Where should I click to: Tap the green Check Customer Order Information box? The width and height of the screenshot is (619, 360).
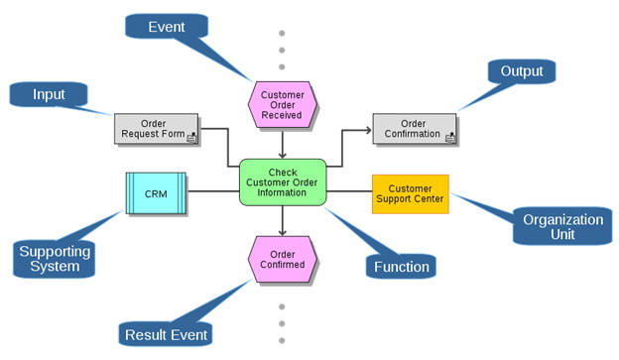(x=283, y=181)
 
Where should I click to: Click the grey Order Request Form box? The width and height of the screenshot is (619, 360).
(x=156, y=129)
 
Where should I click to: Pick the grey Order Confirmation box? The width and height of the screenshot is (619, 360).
(x=415, y=129)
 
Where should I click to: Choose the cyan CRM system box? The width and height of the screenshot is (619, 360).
(x=156, y=193)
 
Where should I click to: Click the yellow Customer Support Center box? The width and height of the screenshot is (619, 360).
(x=410, y=194)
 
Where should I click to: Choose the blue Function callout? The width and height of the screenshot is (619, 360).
(x=401, y=267)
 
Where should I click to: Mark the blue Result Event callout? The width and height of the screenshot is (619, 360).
(x=166, y=334)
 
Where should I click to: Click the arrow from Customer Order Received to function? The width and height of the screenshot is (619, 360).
(x=283, y=145)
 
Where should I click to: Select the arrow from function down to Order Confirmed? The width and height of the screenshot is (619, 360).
(x=283, y=220)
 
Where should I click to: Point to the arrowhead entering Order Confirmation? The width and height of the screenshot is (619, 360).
(x=368, y=129)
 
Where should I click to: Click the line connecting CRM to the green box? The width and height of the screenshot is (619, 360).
(x=213, y=190)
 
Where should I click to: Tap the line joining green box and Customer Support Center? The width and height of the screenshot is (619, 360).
(x=349, y=190)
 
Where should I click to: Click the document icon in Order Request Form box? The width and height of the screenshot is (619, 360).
(x=191, y=138)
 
